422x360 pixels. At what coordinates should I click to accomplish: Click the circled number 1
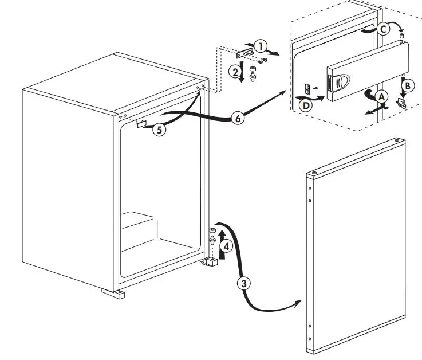[260, 45]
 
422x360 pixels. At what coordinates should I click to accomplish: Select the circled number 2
[234, 71]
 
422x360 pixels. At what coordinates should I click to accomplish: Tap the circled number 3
[243, 283]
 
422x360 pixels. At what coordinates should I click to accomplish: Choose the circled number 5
[160, 130]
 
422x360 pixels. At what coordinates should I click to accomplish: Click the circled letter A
[379, 97]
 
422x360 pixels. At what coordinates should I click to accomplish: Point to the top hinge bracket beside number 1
[245, 54]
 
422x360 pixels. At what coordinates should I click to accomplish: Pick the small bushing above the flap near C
[401, 37]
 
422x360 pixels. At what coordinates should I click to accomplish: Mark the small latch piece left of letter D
[307, 89]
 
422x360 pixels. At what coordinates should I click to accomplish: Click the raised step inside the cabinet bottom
[139, 221]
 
